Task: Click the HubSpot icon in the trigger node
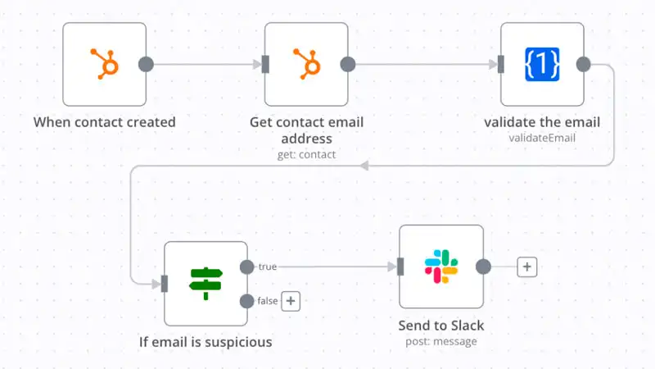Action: tap(104, 64)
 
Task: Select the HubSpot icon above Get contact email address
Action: tap(306, 64)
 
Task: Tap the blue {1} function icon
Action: tap(542, 64)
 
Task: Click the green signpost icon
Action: tap(206, 283)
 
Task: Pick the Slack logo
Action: tap(440, 266)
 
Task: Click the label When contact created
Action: tap(104, 122)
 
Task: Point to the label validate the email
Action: tap(542, 122)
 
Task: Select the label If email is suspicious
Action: tap(206, 341)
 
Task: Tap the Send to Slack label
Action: tap(440, 326)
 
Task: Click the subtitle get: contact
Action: tap(306, 153)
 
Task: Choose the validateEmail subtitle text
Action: tap(542, 138)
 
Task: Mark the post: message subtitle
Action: tap(440, 341)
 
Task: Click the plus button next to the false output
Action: tap(291, 301)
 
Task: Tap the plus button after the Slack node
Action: tap(527, 266)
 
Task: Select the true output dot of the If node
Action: tap(246, 266)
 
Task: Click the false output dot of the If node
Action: tap(246, 301)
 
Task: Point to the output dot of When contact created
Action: tap(146, 64)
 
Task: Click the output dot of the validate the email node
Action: tap(584, 64)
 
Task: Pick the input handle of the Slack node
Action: tap(400, 266)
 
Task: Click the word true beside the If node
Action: tap(268, 266)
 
